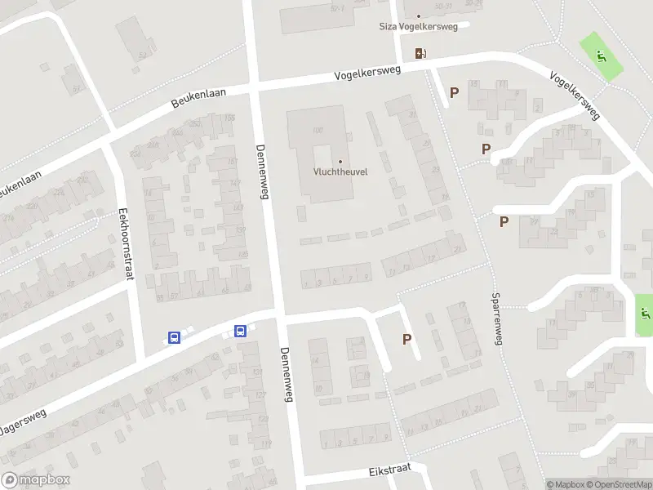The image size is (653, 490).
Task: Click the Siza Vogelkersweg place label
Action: tap(419, 26)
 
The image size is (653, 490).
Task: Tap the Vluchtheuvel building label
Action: tap(340, 172)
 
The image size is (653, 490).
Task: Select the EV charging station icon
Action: tap(421, 53)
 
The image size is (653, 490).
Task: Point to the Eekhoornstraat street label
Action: tap(126, 243)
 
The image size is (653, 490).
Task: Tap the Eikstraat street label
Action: tap(386, 471)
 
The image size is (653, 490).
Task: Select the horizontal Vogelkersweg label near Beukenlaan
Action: tap(367, 74)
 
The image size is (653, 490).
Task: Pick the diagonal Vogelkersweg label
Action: tap(575, 96)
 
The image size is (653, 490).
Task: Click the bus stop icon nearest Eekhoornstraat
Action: tap(174, 337)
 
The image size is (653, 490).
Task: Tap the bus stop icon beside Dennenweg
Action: tap(241, 331)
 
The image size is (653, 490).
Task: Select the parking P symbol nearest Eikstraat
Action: tap(406, 339)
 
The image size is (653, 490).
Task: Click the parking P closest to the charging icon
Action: tap(454, 93)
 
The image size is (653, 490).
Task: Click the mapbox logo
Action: tap(35, 480)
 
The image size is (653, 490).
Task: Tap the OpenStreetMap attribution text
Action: tap(618, 484)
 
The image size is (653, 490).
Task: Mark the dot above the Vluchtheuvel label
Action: tap(340, 161)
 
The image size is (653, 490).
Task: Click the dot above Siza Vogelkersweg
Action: tap(419, 16)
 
